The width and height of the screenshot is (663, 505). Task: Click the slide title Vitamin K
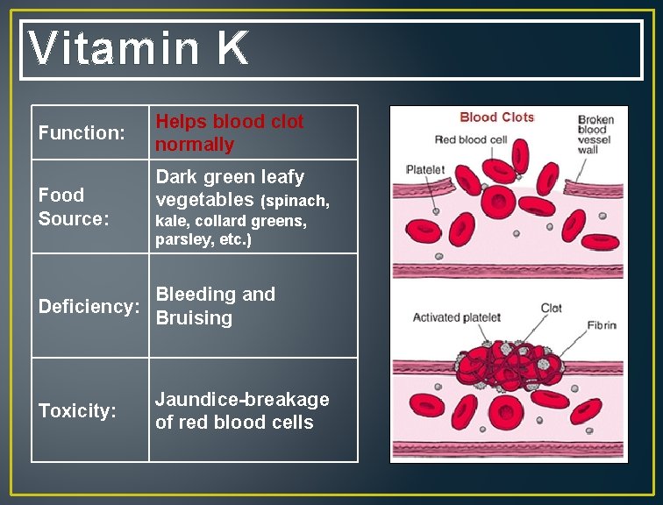139,49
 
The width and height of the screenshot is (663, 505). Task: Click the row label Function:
82,133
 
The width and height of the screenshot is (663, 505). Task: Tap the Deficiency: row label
89,307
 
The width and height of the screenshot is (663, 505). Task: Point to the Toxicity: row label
77,411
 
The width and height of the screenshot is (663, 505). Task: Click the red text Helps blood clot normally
229,133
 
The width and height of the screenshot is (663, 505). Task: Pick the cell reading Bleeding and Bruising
215,306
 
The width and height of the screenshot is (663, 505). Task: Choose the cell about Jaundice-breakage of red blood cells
242,411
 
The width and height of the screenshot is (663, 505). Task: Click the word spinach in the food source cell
298,202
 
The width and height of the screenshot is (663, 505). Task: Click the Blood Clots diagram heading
496,117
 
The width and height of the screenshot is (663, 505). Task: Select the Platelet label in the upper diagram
425,169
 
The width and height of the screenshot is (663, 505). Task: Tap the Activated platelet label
456,317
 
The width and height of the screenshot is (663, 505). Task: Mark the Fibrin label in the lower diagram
602,325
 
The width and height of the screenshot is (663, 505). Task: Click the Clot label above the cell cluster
551,308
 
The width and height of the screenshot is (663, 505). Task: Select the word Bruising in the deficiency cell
194,318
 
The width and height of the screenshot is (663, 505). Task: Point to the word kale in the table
171,222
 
